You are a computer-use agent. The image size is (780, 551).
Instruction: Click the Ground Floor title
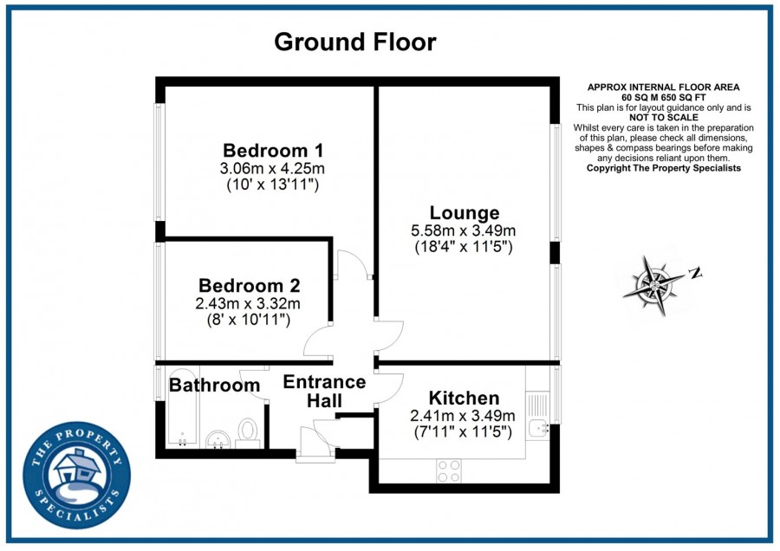tap(355, 42)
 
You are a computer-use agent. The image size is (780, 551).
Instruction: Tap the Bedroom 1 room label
tap(273, 150)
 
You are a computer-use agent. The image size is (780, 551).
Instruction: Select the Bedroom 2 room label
tap(250, 285)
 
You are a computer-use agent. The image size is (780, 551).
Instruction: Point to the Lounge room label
tap(465, 212)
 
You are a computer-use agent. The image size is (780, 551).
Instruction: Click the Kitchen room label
tap(465, 398)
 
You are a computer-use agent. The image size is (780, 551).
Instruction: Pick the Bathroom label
tap(214, 385)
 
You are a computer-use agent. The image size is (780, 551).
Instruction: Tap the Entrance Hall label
tap(324, 391)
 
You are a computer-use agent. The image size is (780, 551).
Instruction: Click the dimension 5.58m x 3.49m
tap(463, 230)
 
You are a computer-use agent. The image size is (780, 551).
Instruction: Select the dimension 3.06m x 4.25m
tap(272, 168)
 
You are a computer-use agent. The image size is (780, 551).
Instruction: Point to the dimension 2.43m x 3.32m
tap(248, 303)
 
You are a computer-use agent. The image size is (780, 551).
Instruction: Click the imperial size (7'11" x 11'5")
tap(463, 432)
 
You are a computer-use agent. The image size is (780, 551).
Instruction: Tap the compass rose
tap(653, 285)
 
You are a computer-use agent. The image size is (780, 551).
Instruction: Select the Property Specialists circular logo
tap(77, 475)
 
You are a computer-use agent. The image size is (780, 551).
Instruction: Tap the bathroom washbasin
tap(218, 439)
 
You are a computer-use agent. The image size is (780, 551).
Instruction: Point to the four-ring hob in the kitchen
tap(449, 470)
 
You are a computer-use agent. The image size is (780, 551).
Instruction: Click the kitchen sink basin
tap(537, 428)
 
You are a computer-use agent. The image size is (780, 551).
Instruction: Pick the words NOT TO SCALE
tap(664, 117)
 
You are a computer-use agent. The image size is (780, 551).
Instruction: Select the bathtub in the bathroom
tap(182, 407)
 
